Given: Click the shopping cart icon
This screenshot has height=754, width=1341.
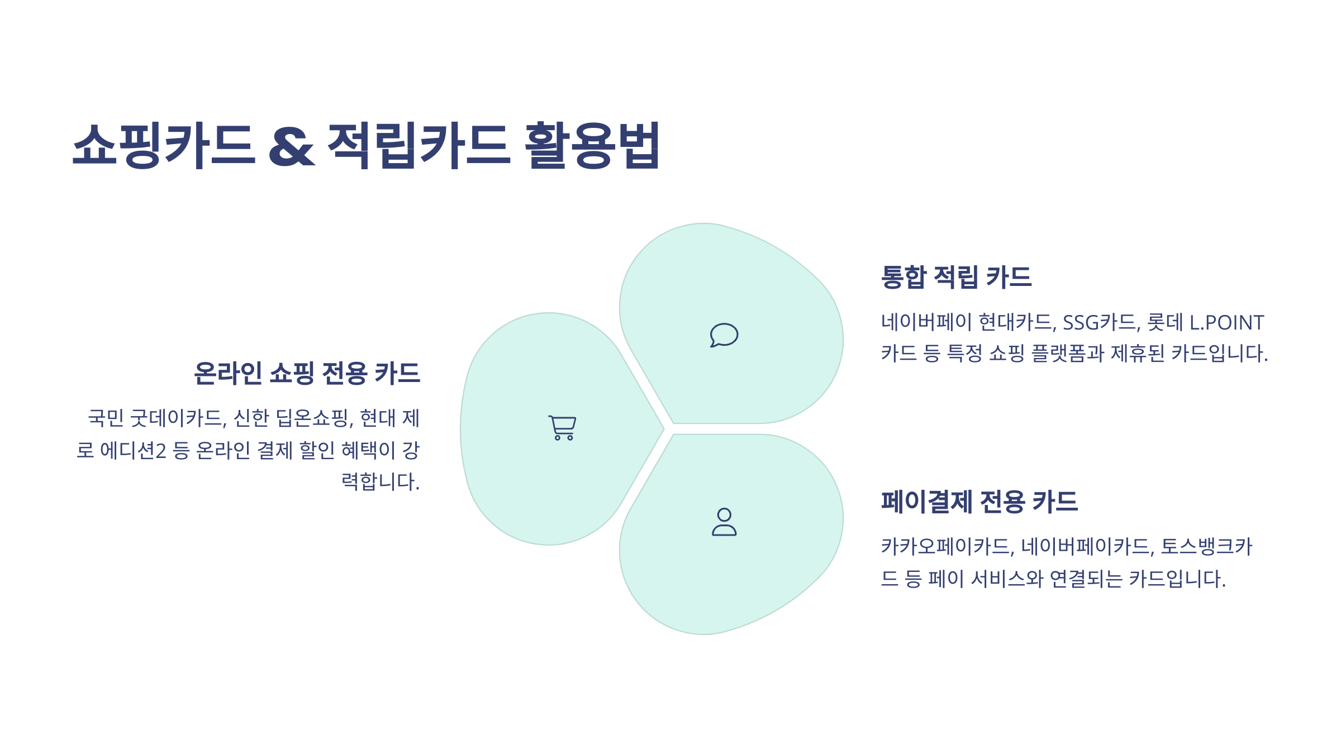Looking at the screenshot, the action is (x=562, y=428).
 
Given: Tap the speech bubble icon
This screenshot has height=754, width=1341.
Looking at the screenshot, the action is (x=724, y=335).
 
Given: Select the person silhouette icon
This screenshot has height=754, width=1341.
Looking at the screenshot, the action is (x=724, y=522).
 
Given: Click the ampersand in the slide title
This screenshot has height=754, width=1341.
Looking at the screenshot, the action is (x=292, y=146).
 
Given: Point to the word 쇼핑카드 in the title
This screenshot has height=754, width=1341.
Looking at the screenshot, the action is (x=164, y=145).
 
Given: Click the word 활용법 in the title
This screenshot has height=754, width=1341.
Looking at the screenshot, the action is (x=593, y=145).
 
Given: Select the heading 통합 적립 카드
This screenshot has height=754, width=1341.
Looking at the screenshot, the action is (x=956, y=277).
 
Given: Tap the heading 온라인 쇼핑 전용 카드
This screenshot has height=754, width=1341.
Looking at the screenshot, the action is (x=307, y=373).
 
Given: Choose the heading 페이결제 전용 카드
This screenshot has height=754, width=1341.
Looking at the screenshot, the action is (x=979, y=501).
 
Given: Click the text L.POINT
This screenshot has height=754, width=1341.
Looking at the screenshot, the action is (x=1226, y=322).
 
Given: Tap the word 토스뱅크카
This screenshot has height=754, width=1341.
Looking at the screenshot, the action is (x=1206, y=546).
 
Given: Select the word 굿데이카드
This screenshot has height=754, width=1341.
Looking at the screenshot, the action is (x=178, y=418).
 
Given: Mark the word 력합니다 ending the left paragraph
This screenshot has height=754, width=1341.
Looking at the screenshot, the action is (x=380, y=481).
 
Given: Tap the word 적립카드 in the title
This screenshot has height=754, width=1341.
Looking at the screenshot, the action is (x=419, y=145).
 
